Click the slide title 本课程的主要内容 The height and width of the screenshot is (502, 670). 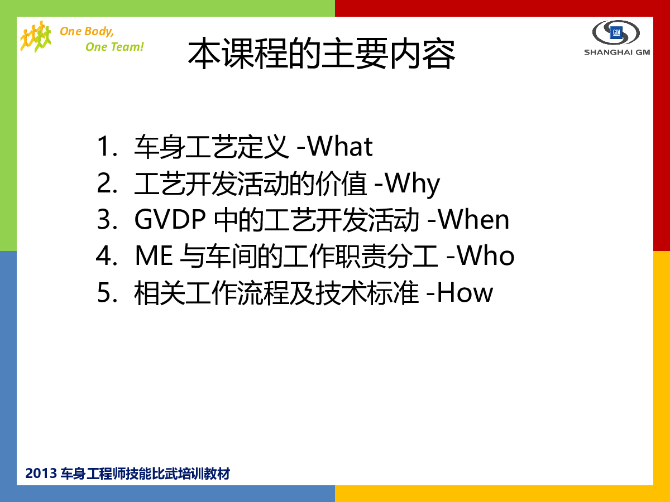[322, 54]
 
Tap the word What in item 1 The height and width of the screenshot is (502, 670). [339, 146]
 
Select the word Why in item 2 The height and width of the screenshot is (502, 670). [411, 184]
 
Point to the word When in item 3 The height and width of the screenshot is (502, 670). [473, 219]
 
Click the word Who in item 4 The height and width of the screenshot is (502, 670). [485, 255]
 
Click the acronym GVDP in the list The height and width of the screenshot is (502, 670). [170, 219]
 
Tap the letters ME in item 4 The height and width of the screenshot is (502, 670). [154, 255]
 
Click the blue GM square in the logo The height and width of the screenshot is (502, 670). [616, 32]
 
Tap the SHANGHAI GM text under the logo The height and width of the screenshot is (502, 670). [617, 52]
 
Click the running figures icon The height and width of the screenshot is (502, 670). [35, 36]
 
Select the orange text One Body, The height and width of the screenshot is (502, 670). [87, 31]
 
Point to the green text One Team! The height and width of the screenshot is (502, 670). [114, 47]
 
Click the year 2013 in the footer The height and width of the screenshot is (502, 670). [41, 473]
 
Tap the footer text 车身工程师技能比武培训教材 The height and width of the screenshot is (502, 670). [145, 474]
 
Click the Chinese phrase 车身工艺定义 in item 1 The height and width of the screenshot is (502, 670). [211, 147]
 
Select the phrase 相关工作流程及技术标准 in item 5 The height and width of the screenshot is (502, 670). [276, 292]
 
